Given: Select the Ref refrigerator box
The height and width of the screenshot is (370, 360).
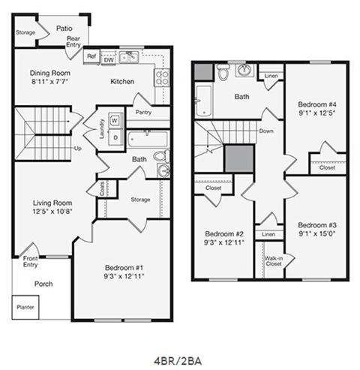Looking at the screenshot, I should pyautogui.click(x=91, y=56).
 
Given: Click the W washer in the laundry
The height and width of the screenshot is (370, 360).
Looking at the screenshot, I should pyautogui.click(x=114, y=120).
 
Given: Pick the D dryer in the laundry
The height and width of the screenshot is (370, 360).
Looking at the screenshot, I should pyautogui.click(x=115, y=137).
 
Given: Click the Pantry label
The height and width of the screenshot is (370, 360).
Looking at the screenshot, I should pyautogui.click(x=143, y=113).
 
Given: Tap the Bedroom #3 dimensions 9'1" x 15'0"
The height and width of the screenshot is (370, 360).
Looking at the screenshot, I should pyautogui.click(x=315, y=233).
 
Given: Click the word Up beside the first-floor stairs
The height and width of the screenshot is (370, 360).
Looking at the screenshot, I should pyautogui.click(x=77, y=148).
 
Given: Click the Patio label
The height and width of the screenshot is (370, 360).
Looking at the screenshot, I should pyautogui.click(x=64, y=28).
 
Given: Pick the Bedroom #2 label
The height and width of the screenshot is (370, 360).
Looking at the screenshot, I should pyautogui.click(x=224, y=233).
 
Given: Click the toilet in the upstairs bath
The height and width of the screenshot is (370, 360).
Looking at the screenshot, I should pyautogui.click(x=223, y=73).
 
